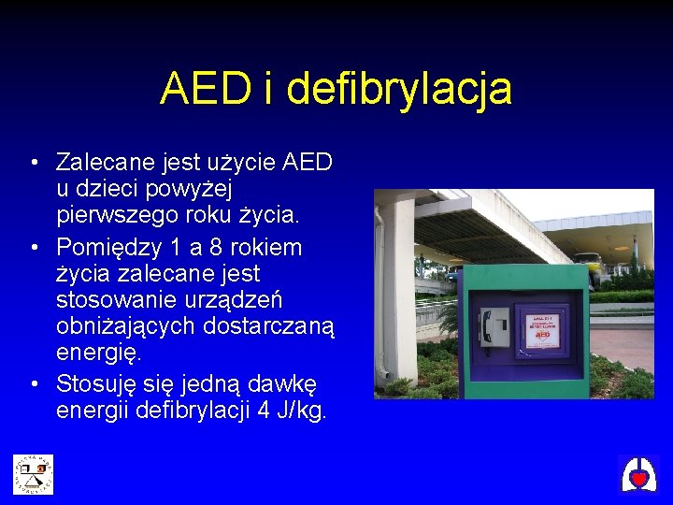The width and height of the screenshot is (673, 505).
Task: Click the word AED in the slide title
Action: [x=204, y=90]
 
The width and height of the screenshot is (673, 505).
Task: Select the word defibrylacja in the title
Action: [x=399, y=90]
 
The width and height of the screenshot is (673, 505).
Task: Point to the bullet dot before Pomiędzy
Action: [x=33, y=248]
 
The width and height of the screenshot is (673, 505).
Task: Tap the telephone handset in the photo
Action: [x=491, y=327]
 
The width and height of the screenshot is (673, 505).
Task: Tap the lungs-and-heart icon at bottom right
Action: [x=638, y=475]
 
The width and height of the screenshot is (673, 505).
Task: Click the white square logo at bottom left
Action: [x=33, y=474]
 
